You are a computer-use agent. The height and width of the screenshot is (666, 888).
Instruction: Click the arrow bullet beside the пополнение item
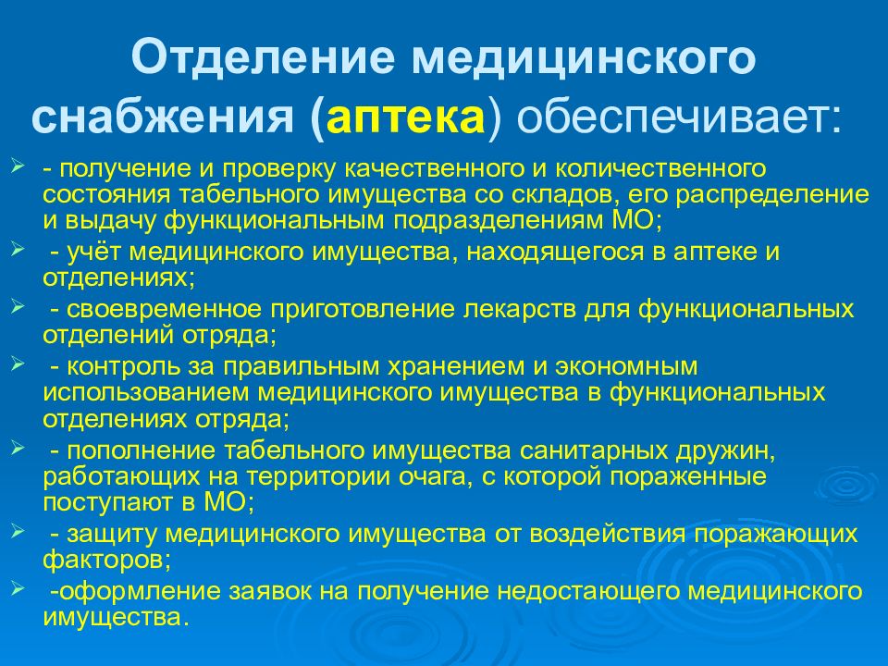(18, 448)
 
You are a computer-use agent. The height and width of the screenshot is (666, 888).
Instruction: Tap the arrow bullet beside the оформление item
(18, 588)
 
